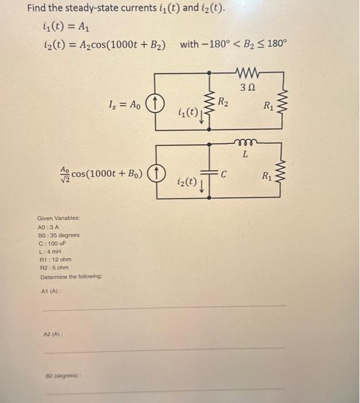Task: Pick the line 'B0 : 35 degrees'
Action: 58,235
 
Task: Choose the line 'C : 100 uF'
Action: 51,244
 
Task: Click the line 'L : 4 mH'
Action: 48,252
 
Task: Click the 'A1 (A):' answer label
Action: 52,291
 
